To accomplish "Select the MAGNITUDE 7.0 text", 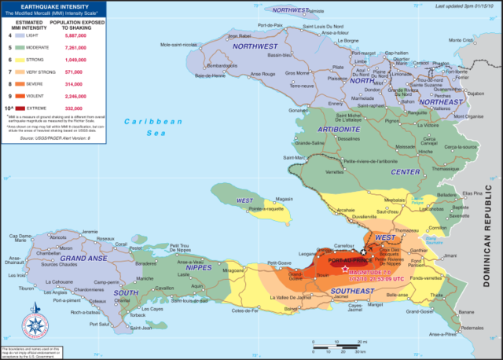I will point(374,273).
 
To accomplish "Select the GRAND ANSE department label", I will point(83,258).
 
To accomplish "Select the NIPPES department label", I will point(198,267).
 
